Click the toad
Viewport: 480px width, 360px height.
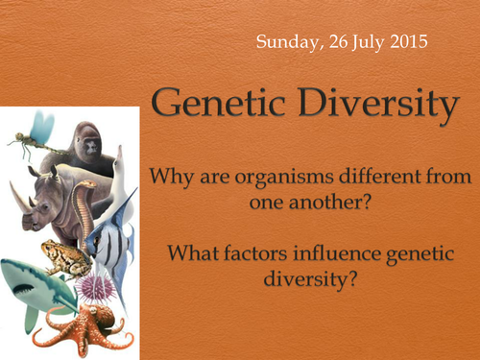63,257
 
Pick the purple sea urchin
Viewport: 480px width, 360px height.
97,287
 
